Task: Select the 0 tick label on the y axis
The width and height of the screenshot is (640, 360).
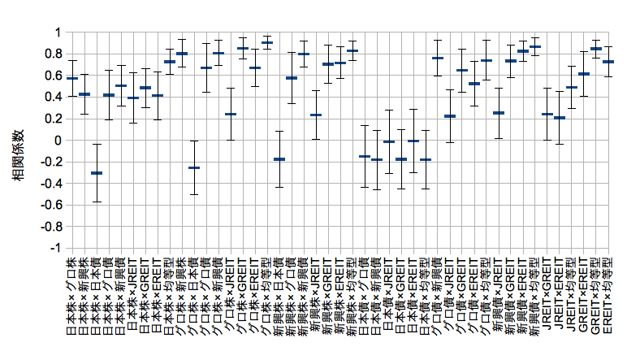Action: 58,141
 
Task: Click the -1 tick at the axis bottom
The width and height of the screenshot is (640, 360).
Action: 56,248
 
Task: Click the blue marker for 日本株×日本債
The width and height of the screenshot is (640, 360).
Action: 97,173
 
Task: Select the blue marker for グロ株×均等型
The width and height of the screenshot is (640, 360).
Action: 267,42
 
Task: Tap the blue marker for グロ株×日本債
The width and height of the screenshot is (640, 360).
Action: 194,167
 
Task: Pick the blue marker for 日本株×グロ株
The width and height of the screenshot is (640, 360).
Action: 72,78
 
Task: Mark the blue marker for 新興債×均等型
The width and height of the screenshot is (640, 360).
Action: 535,47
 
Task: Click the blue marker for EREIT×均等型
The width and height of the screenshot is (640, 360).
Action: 608,62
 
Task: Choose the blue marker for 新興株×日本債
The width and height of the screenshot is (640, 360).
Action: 279,159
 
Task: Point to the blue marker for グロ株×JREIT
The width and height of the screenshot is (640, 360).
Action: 231,115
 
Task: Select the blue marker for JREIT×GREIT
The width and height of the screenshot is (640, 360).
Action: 547,115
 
